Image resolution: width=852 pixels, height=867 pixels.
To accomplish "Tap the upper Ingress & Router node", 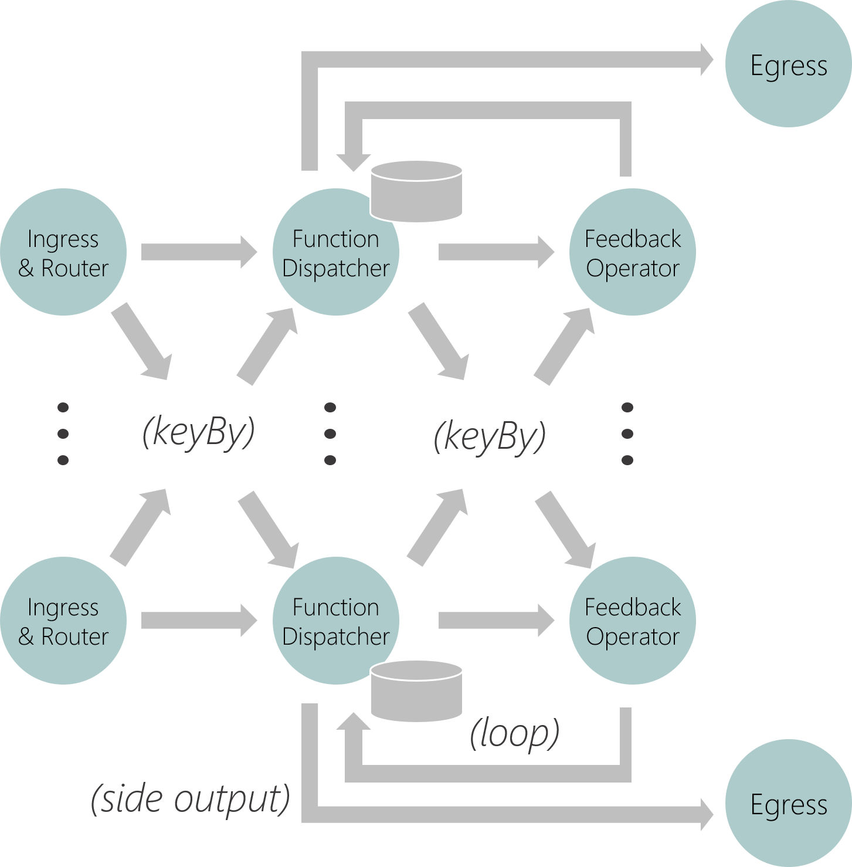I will click(x=63, y=252).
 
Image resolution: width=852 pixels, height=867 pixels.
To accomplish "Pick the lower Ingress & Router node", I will click(x=63, y=621).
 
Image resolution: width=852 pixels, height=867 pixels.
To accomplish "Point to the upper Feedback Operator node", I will click(x=632, y=252).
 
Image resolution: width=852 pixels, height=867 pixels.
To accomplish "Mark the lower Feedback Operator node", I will click(x=632, y=621).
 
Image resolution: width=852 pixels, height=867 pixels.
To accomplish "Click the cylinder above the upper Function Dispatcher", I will click(x=416, y=192).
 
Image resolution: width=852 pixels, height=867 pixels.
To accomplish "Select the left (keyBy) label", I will click(x=199, y=433).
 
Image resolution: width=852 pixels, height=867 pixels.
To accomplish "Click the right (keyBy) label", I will click(x=490, y=437).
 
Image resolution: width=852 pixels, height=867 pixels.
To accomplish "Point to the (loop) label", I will click(x=514, y=733).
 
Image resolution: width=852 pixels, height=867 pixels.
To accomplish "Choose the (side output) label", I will click(x=191, y=799).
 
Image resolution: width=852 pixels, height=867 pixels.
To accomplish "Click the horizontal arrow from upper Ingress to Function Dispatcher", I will click(x=199, y=252).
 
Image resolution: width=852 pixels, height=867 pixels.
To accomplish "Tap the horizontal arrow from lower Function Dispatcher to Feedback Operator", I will click(x=496, y=621).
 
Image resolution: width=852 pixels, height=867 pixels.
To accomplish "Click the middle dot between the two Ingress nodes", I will click(x=63, y=433).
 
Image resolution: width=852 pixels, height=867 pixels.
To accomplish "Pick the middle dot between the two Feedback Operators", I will click(x=627, y=433).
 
